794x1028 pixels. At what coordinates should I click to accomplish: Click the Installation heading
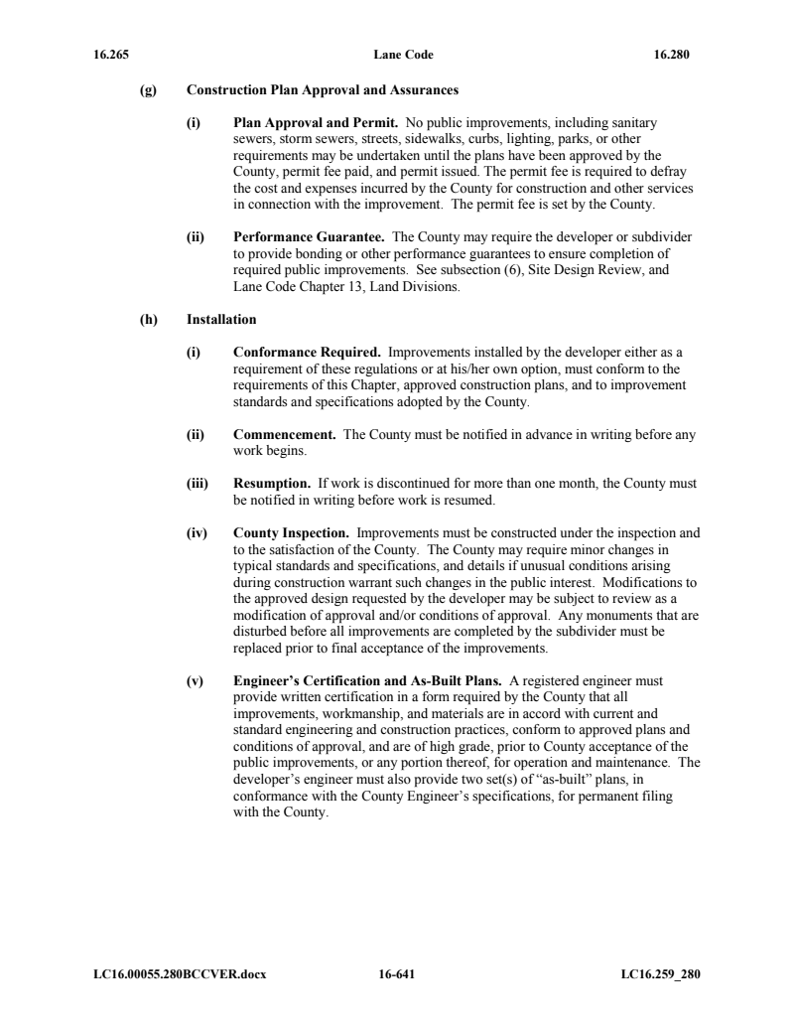point(221,320)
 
